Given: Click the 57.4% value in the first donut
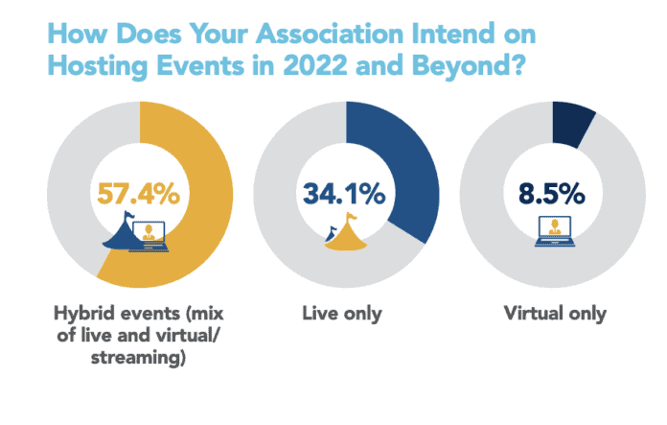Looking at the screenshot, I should coord(139,195).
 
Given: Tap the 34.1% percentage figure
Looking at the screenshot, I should coord(344,195).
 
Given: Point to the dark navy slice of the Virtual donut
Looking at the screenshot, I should coord(572,125).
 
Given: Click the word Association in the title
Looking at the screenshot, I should coord(315,36).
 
